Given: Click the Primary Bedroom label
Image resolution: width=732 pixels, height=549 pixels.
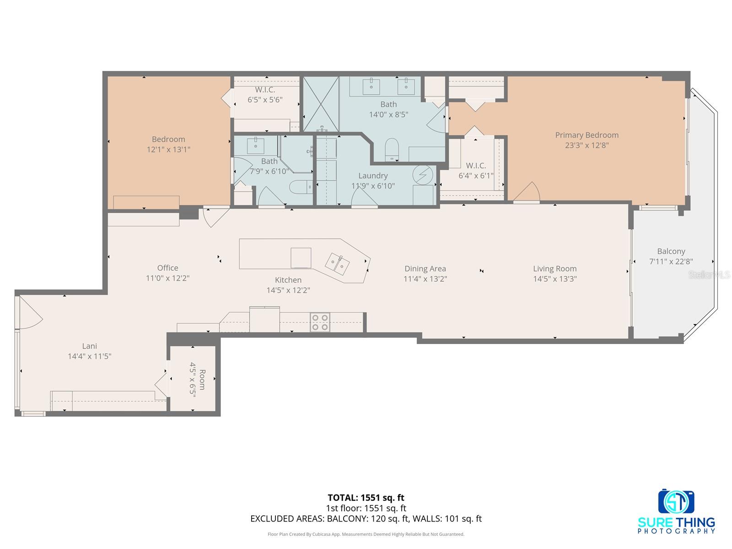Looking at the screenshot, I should [587, 135].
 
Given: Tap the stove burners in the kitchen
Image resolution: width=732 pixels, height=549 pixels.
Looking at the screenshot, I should [320, 322].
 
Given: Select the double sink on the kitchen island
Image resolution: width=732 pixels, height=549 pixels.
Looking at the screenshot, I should [337, 264].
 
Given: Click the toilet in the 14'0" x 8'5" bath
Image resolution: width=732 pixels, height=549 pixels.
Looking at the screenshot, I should [392, 149].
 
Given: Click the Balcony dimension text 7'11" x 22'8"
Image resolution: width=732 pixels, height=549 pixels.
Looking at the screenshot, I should [671, 262].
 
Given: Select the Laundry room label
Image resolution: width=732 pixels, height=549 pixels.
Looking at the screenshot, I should [373, 176].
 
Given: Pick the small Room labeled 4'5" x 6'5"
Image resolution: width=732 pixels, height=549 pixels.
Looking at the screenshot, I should [193, 379].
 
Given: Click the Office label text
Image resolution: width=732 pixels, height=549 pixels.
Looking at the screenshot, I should [167, 268].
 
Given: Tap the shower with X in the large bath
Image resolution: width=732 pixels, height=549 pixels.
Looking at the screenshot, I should [321, 104].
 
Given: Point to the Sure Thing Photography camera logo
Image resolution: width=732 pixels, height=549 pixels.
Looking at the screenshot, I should [676, 502].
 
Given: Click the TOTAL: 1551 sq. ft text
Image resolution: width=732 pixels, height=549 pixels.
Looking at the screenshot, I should [366, 497].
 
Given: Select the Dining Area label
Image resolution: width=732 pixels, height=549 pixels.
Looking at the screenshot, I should [425, 269].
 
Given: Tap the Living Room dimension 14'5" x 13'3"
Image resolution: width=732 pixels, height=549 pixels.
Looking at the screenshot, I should [554, 279].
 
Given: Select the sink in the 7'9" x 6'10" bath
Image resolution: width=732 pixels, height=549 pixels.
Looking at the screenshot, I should [255, 145].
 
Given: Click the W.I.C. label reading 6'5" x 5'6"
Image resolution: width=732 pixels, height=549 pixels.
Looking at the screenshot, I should [265, 90].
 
